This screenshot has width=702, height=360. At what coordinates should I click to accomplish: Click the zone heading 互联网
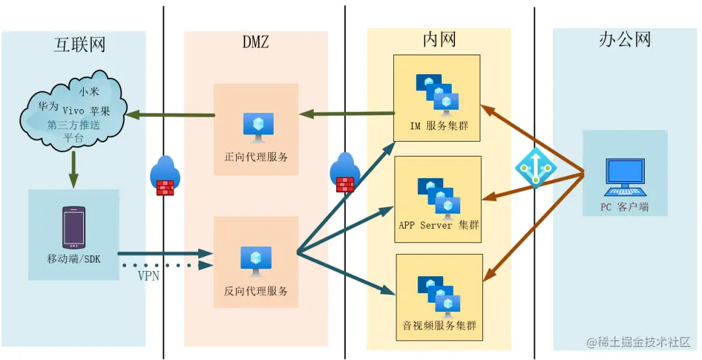(x=79, y=44)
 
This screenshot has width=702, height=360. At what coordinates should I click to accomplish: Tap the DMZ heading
(x=255, y=43)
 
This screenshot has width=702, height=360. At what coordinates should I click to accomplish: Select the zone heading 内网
(x=439, y=40)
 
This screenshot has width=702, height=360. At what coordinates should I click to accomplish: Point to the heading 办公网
(x=624, y=40)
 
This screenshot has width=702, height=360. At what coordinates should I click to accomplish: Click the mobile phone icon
(x=73, y=227)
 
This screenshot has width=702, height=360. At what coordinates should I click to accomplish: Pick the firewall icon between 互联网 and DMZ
(x=164, y=176)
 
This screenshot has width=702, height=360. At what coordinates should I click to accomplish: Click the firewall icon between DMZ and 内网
(x=344, y=174)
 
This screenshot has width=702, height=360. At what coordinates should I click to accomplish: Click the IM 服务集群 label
(x=437, y=127)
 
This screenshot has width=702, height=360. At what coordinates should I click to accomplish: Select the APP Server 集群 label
(x=438, y=225)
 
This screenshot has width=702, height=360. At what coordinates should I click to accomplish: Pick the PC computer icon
(x=625, y=177)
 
